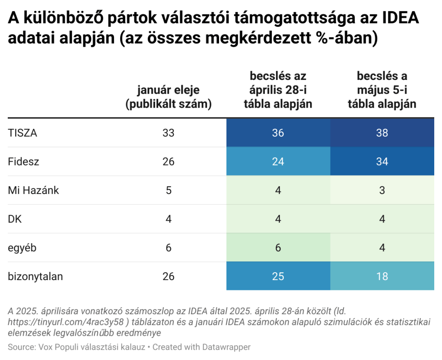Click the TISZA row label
[x=22, y=133]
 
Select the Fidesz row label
[x=23, y=162]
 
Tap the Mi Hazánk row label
[x=33, y=190]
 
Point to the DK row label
[x=15, y=219]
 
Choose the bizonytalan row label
[x=35, y=277]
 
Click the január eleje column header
[x=168, y=97]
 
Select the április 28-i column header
[x=278, y=90]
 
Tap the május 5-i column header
[x=382, y=90]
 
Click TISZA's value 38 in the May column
[x=382, y=133]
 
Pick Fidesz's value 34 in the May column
[x=382, y=162]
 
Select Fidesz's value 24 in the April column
[x=278, y=162]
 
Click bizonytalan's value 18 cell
[x=382, y=277]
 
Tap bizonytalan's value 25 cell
[x=278, y=277]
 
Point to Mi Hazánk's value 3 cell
[x=382, y=190]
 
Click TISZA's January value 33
[x=168, y=133]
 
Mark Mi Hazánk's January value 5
[x=168, y=190]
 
